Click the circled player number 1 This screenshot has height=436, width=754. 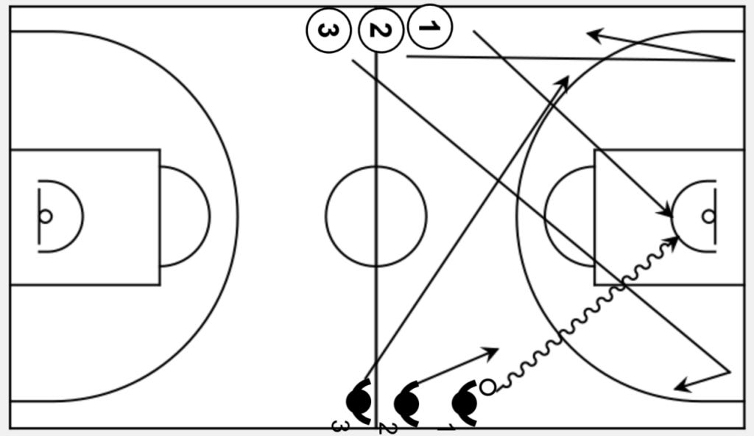tap(429, 27)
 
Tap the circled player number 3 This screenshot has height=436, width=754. tap(328, 31)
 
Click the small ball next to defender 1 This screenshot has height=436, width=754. tap(487, 386)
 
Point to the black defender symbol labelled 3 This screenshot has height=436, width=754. tap(359, 401)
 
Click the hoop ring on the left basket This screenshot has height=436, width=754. tap(46, 216)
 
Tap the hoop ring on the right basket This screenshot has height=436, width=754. tap(708, 216)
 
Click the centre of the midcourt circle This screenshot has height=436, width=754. tap(376, 216)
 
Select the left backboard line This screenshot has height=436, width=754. tap(39, 216)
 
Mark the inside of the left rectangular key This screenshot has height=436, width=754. tap(103, 216)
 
